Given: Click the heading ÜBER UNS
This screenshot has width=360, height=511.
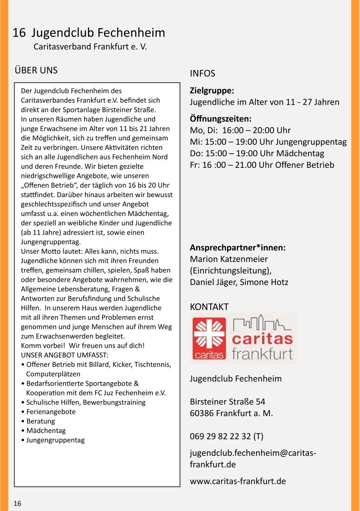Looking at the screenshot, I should [36, 70].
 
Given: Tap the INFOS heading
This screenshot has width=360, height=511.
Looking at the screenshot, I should [203, 73].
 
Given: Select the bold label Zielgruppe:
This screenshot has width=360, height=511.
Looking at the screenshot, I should [212, 91].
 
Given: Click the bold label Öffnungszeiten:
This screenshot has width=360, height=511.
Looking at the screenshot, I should [221, 119].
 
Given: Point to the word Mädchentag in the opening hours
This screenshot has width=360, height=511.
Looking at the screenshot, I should [300, 153].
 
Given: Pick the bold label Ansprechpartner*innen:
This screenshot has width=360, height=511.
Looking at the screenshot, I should [238, 248].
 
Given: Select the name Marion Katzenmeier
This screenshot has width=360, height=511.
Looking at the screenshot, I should [229, 259].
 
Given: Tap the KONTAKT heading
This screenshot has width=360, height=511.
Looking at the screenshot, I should [209, 307].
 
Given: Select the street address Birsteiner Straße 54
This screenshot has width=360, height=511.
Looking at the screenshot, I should [227, 402].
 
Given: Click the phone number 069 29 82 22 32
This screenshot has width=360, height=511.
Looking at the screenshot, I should [220, 437].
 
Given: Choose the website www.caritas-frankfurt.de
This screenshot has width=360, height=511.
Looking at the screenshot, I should [238, 481].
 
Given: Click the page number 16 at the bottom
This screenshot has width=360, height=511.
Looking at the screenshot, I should [17, 504].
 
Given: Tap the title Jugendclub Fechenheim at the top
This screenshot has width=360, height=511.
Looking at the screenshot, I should [98, 33].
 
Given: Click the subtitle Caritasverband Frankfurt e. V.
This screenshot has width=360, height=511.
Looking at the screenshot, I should [90, 47].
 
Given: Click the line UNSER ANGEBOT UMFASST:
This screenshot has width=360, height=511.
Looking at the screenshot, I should [64, 355].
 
